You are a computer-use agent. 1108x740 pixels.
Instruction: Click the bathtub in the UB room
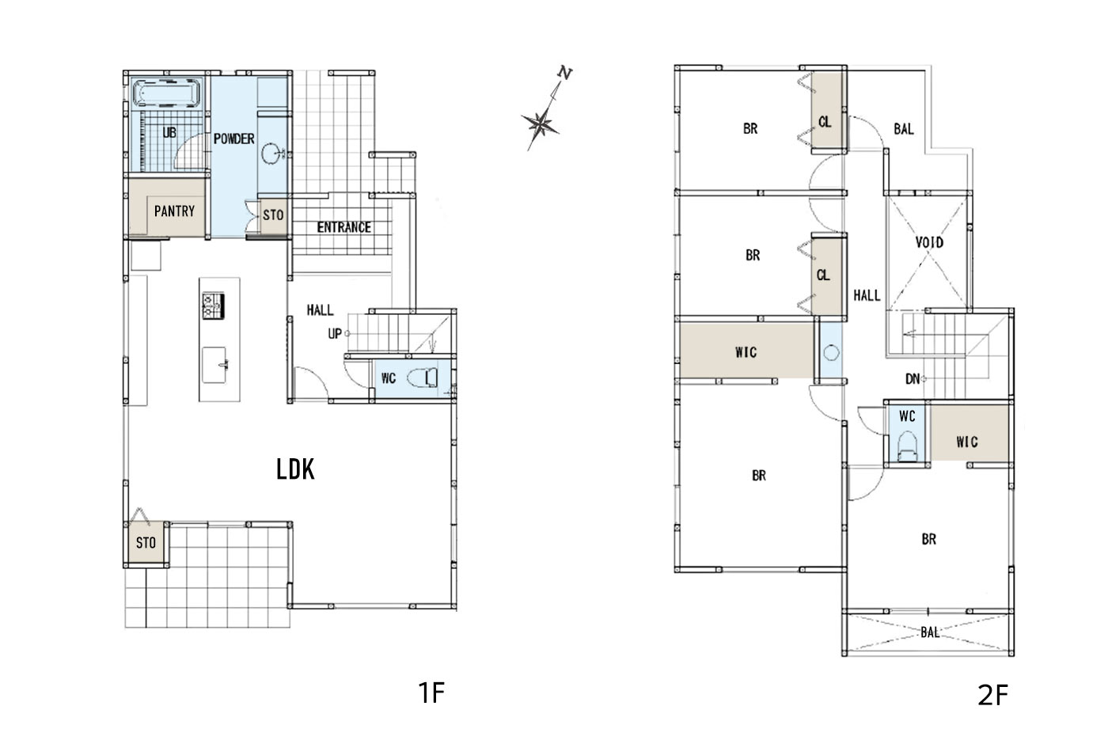[167, 93]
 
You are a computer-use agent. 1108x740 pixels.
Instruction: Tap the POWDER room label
[233, 139]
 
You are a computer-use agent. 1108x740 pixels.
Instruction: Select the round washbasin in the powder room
[271, 154]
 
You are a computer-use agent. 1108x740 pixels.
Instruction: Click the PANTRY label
[174, 212]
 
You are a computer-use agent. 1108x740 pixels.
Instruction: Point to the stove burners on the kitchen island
[213, 305]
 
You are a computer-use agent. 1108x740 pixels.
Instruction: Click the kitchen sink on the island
[215, 365]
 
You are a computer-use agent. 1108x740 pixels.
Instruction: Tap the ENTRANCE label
[343, 228]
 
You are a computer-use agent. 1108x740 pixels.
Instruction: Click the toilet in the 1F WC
[423, 378]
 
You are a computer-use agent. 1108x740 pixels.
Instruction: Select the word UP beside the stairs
[335, 334]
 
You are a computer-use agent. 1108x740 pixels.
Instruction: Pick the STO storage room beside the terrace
[146, 543]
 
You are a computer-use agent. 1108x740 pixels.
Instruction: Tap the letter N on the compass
[564, 73]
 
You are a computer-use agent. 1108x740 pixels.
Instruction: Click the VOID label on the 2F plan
[929, 243]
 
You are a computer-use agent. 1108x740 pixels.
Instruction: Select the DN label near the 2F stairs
[913, 379]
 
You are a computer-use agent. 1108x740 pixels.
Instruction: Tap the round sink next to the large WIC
[831, 353]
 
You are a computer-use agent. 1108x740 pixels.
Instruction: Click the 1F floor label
[431, 693]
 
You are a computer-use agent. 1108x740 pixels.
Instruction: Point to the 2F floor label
[992, 696]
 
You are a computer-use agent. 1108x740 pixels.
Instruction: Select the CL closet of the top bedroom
[827, 111]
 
